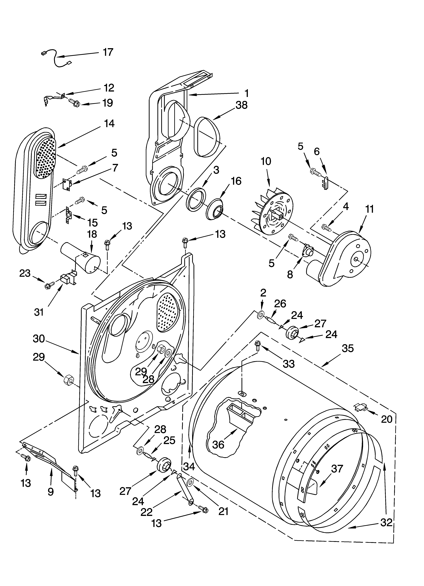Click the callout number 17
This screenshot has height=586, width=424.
point(108,52)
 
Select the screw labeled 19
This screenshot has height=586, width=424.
point(75,103)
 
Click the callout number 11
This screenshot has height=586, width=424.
point(370,209)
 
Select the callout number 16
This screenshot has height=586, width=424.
point(236,181)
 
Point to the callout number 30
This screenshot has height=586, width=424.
point(39,338)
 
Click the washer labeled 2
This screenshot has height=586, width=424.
point(261,314)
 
